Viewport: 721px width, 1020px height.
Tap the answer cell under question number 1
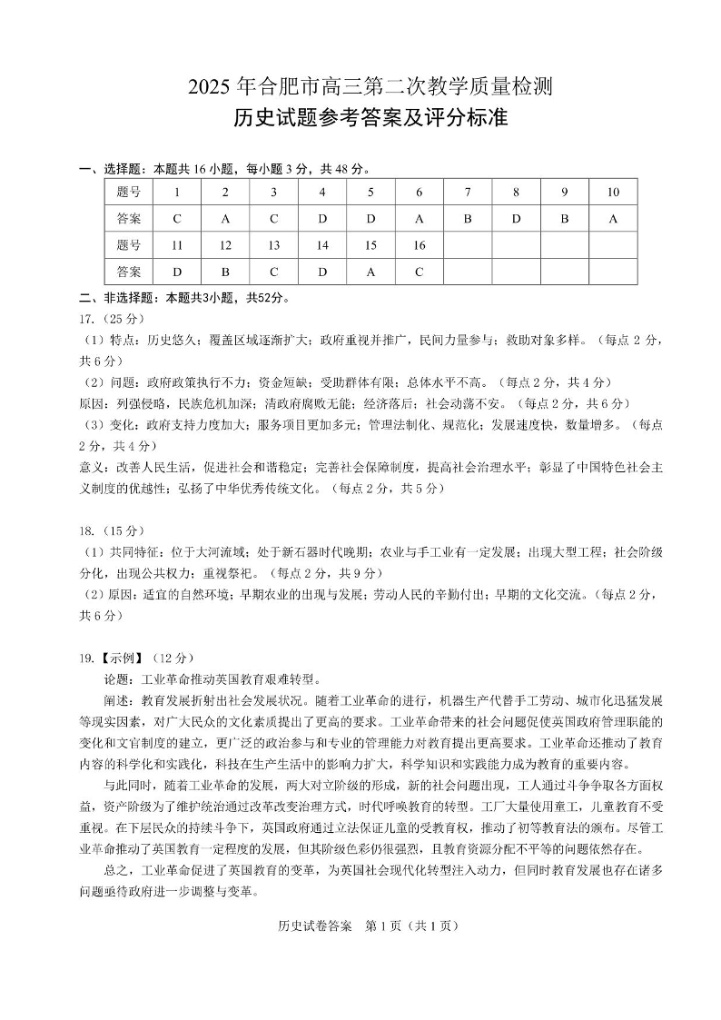(x=177, y=219)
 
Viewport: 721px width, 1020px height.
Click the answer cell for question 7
(x=467, y=219)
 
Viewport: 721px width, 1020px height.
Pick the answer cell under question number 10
(x=613, y=219)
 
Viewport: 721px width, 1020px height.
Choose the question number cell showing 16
(x=419, y=245)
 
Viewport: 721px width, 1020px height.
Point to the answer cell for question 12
(x=225, y=272)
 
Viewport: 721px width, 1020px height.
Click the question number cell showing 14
(x=322, y=245)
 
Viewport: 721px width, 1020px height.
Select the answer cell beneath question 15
(x=370, y=272)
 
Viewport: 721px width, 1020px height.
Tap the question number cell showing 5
(x=370, y=193)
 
